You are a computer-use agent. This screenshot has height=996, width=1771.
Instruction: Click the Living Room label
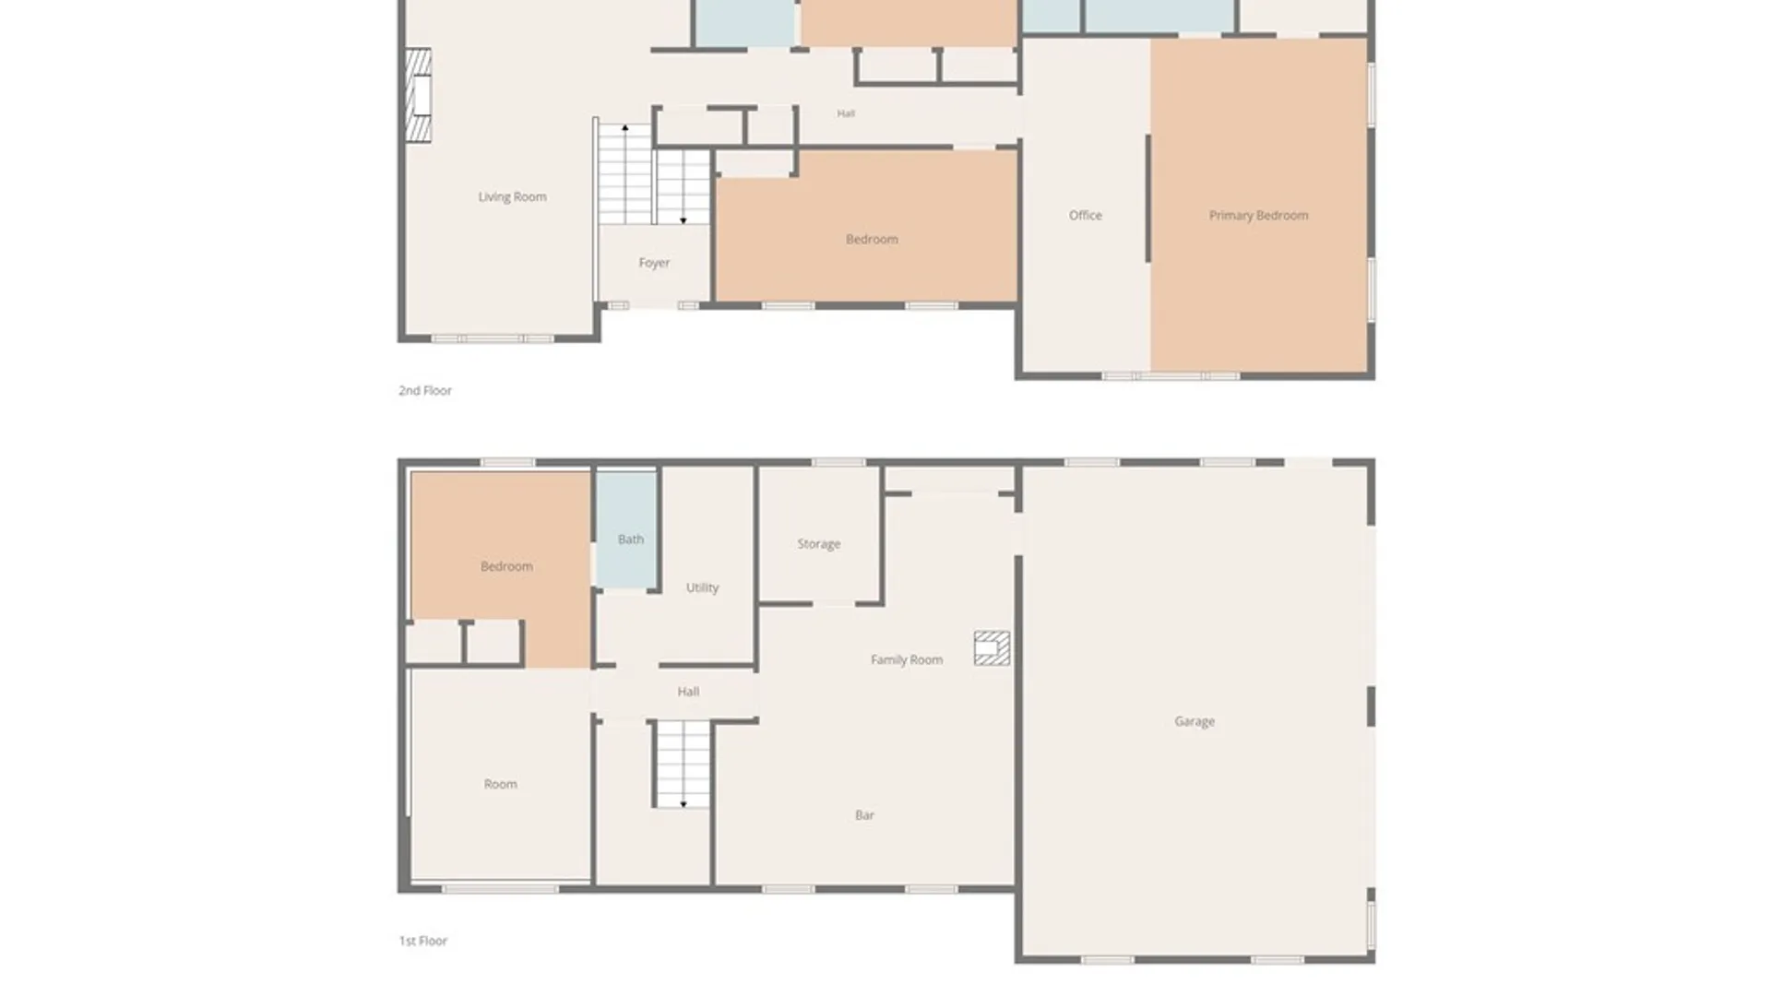[x=512, y=196]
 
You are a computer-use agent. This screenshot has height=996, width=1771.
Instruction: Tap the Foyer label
[x=654, y=263]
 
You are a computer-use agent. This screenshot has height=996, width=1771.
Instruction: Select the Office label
[x=1086, y=215]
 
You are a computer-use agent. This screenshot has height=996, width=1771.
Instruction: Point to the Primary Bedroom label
[x=1258, y=215]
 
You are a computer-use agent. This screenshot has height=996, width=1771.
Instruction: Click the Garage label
[x=1195, y=721]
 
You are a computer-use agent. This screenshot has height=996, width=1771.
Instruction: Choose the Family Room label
[x=907, y=659]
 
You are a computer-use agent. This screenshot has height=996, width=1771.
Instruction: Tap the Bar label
[x=864, y=815]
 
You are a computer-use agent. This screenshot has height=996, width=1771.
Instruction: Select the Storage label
[x=819, y=544]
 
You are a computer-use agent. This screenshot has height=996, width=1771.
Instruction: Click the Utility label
[x=702, y=587]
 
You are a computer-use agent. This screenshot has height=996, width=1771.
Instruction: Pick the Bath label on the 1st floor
[x=631, y=539]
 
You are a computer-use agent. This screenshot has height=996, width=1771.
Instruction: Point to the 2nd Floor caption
[x=425, y=390]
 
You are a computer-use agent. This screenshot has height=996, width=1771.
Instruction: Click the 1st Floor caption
[x=423, y=941]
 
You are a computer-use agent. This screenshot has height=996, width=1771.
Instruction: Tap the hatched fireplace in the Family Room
[x=992, y=648]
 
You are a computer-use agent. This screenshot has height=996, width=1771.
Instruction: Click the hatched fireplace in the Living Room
[x=419, y=95]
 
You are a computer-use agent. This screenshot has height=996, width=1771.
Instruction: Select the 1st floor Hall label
[x=688, y=692]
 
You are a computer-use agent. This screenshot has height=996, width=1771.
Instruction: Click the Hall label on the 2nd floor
[x=846, y=113]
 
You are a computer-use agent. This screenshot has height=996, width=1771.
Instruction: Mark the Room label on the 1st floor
[x=501, y=784]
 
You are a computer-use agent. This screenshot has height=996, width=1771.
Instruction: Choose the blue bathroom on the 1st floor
[x=626, y=530]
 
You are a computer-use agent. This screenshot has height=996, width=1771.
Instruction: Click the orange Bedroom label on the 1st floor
[x=506, y=566]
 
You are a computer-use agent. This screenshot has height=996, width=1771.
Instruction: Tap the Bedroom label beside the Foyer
[x=872, y=239]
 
